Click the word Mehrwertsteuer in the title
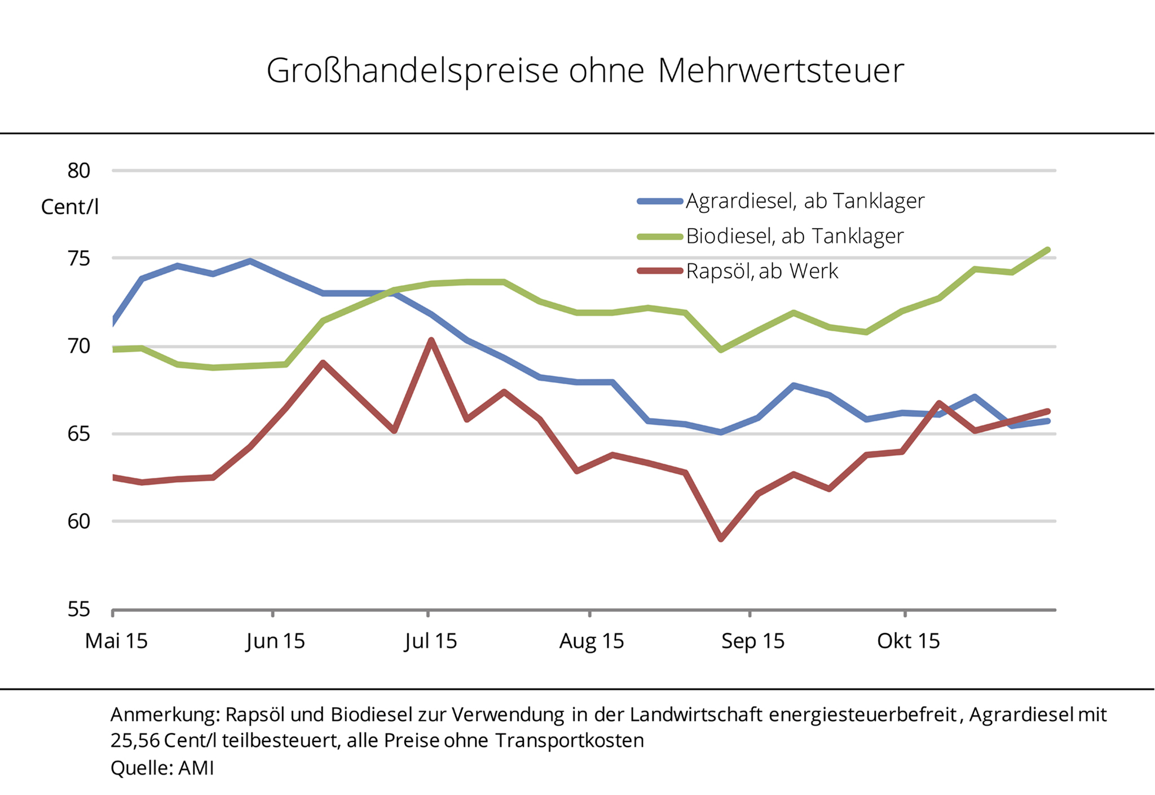tap(781, 71)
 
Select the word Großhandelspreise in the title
tap(412, 71)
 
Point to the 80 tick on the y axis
tap(79, 170)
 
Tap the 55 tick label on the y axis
tap(79, 609)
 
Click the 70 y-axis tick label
tap(79, 346)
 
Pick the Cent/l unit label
tap(70, 207)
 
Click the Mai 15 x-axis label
tap(116, 641)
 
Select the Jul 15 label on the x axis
tap(430, 641)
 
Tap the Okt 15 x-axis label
tap(908, 641)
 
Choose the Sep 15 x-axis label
tap(752, 641)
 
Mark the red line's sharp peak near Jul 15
tap(431, 340)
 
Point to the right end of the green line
tap(1047, 250)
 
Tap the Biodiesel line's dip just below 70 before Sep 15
tap(721, 350)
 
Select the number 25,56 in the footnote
tap(135, 740)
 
